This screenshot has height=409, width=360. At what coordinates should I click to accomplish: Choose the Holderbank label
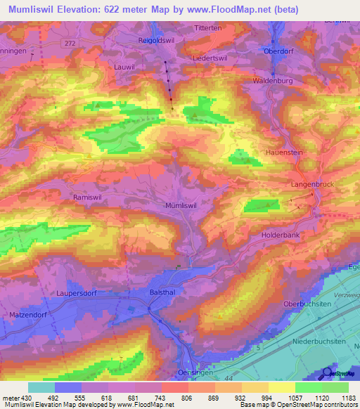click(281, 235)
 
